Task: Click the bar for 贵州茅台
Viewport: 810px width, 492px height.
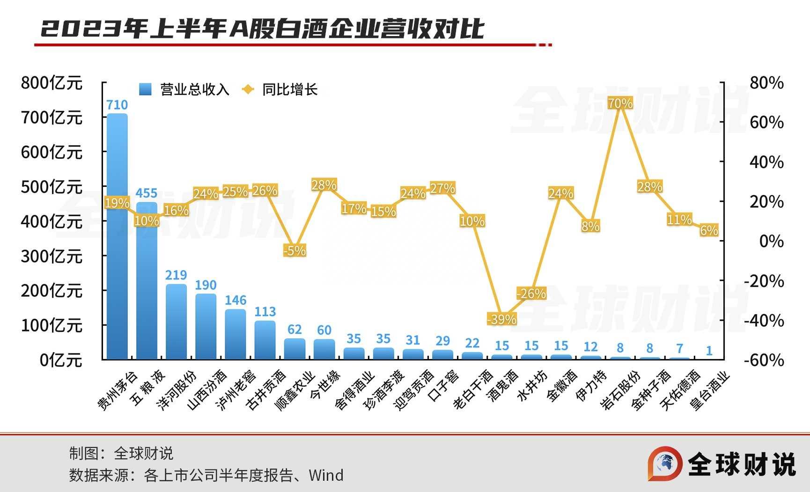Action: point(117,236)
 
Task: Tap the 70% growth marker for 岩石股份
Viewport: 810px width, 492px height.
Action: point(620,103)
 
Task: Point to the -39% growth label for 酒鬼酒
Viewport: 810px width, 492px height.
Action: point(501,319)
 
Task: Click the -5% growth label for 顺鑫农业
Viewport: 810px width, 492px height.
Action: point(295,250)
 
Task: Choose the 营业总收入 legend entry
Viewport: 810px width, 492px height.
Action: point(184,89)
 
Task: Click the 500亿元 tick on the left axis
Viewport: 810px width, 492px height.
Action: point(52,187)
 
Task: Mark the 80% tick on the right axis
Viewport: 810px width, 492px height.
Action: point(766,83)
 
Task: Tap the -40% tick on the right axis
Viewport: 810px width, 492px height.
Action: point(764,321)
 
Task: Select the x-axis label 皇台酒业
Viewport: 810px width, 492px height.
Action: point(710,391)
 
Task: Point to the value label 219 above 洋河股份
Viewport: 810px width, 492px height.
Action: point(176,275)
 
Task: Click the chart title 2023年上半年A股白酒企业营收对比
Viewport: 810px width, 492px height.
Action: point(262,29)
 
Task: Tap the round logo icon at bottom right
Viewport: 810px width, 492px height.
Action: point(665,463)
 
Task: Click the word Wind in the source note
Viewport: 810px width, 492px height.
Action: point(326,476)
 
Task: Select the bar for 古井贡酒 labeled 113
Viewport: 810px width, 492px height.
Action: point(265,340)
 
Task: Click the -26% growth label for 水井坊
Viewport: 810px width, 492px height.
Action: point(531,294)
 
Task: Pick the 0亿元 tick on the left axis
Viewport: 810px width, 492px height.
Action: point(61,360)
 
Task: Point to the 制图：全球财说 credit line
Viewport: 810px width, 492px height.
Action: point(121,453)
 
